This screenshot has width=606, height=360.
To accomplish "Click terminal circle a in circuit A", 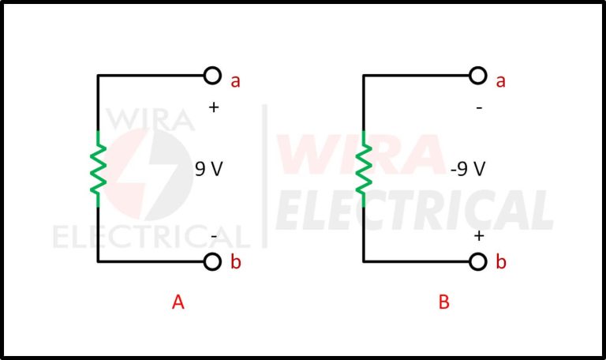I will (211, 76).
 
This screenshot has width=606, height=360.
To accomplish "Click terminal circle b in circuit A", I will (211, 262).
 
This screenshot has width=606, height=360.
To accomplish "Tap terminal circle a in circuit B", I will (477, 76).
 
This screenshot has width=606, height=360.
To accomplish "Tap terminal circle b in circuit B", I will (477, 262).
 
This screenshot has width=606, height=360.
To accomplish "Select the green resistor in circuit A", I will (98, 168).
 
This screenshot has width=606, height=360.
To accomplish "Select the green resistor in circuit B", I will (364, 168).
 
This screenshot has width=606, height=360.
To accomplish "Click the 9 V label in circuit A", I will (209, 168).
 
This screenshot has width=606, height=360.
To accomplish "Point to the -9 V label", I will (467, 168).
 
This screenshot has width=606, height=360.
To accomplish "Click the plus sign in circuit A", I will (213, 107).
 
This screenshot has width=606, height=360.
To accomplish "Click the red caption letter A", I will (178, 302).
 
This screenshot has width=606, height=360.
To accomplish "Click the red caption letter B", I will (444, 302).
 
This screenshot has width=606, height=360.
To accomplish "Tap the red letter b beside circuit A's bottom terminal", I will (235, 263).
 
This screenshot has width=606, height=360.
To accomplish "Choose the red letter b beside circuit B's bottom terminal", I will (501, 263).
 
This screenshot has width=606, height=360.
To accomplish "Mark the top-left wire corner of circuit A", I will (98, 76).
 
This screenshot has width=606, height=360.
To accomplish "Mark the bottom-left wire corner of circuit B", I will (364, 261).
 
